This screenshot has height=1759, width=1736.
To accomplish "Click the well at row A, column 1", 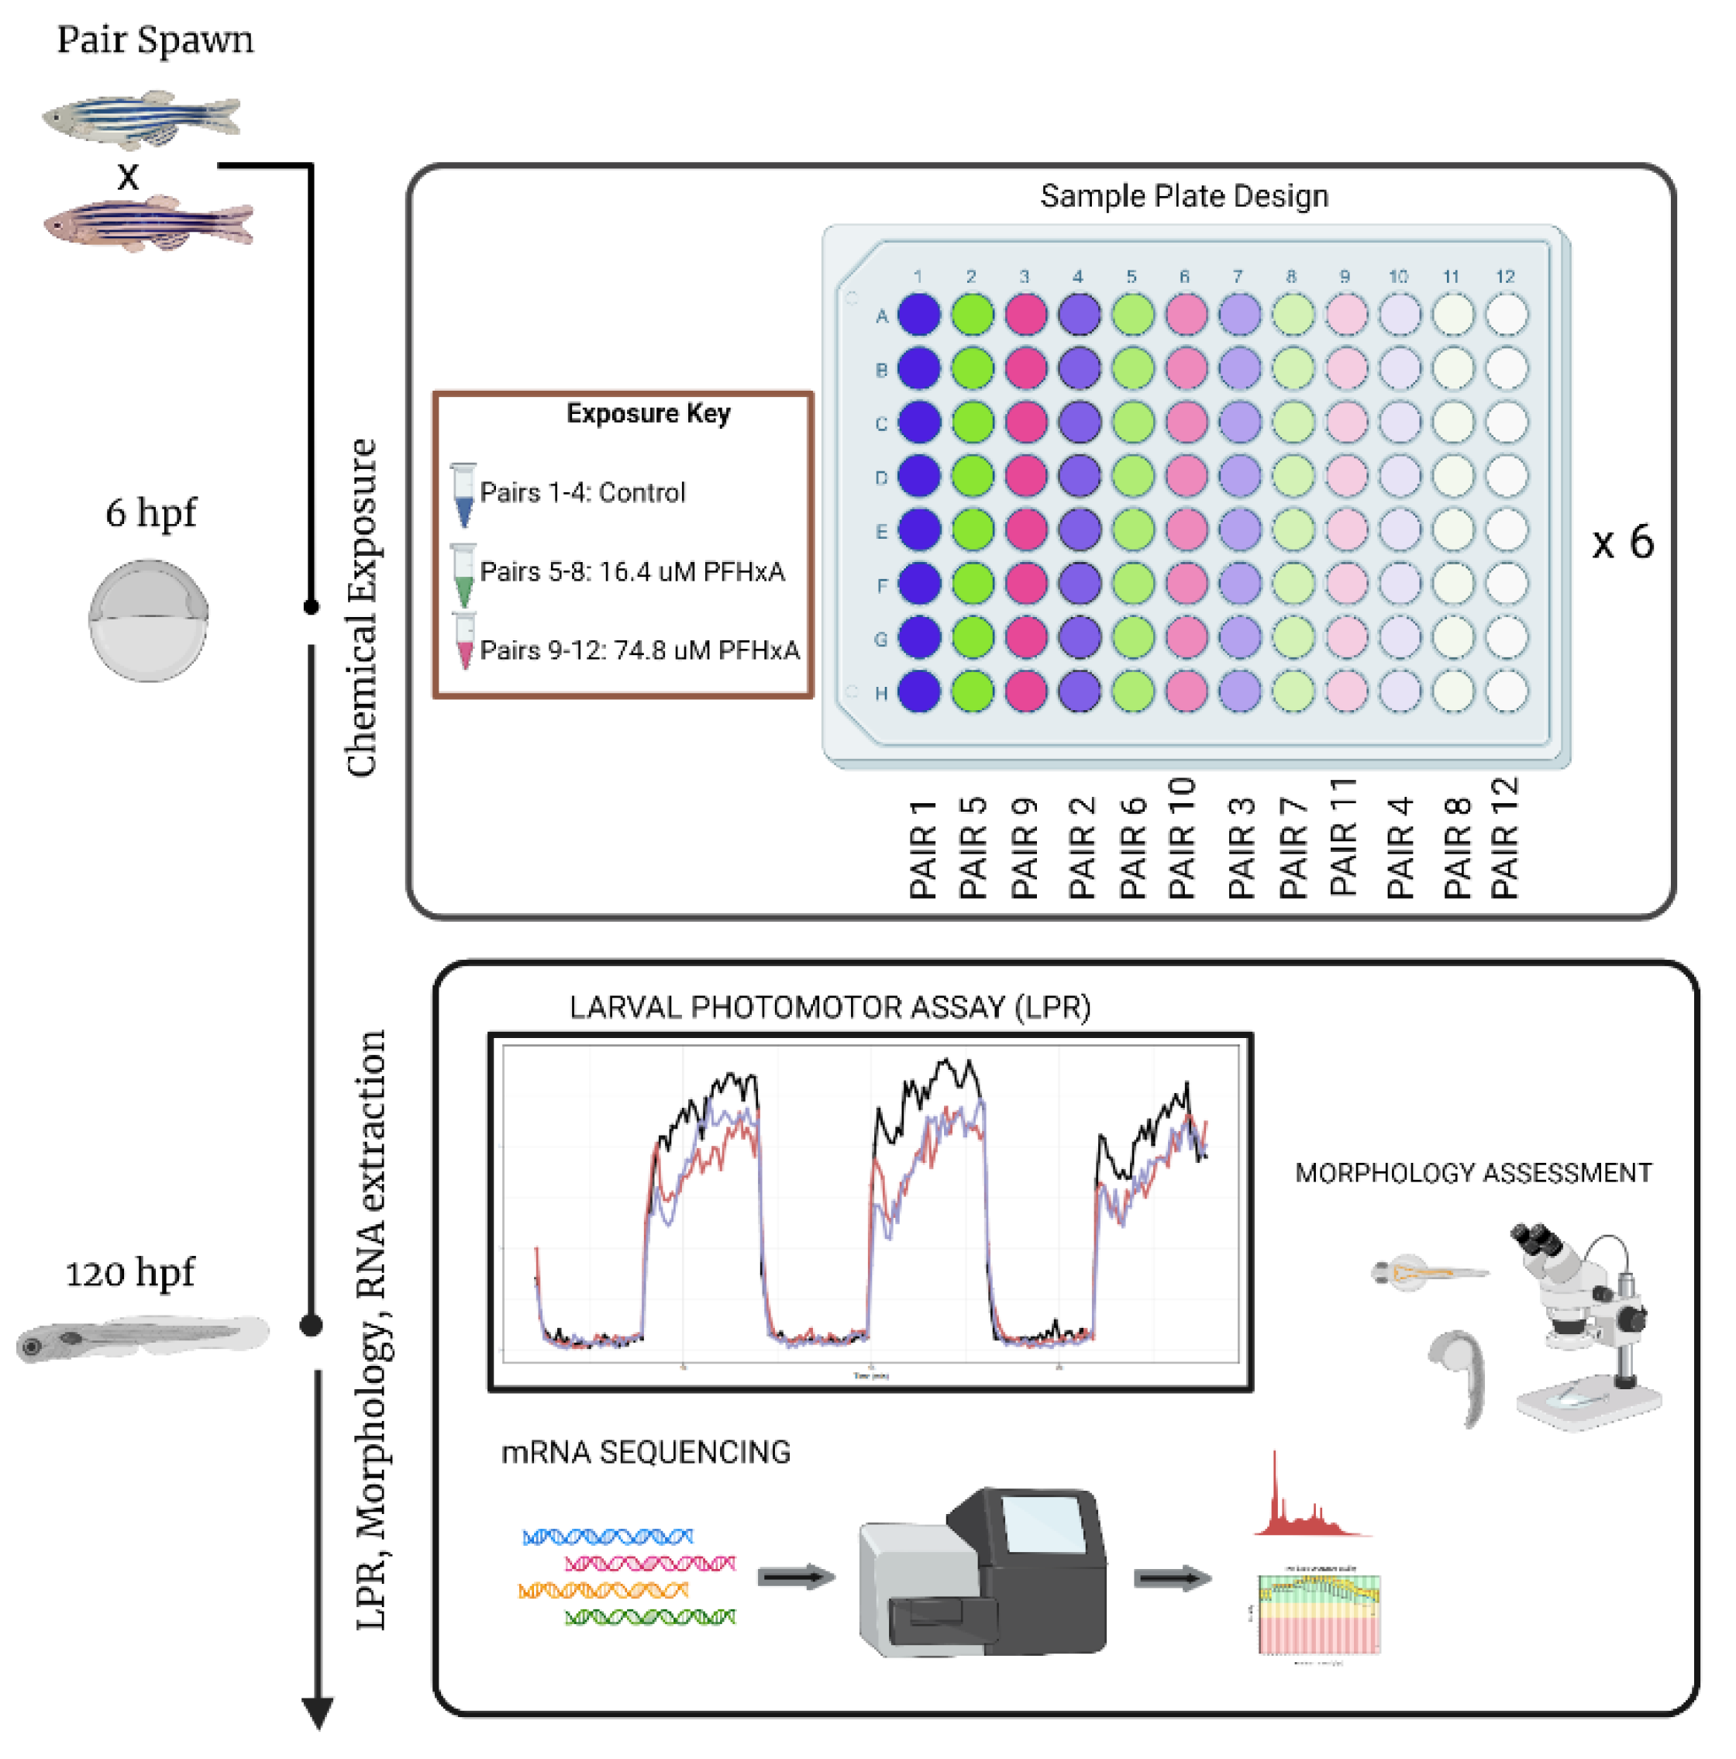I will click(918, 315).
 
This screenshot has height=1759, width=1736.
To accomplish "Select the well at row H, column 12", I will click(1506, 690).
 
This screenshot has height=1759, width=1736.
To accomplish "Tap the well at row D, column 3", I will click(1026, 475).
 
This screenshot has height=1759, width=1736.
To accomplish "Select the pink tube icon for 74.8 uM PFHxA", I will click(464, 641).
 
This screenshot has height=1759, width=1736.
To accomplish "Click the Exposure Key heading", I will click(647, 413).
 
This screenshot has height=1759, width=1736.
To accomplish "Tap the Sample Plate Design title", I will click(1183, 196).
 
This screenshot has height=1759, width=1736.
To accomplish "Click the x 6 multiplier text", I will click(1622, 543).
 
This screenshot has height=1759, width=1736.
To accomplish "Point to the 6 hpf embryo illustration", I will click(148, 620).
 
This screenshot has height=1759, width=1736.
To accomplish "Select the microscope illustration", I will click(1584, 1325).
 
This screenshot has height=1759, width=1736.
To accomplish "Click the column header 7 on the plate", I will click(1237, 276).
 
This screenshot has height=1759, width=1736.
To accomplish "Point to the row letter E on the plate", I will click(880, 532).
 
